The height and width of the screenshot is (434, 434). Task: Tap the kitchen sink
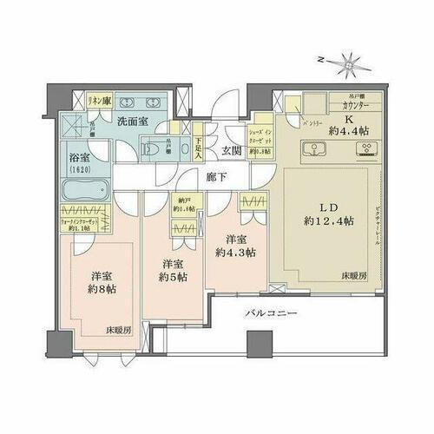(310, 147)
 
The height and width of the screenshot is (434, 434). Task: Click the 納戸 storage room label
(183, 203)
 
